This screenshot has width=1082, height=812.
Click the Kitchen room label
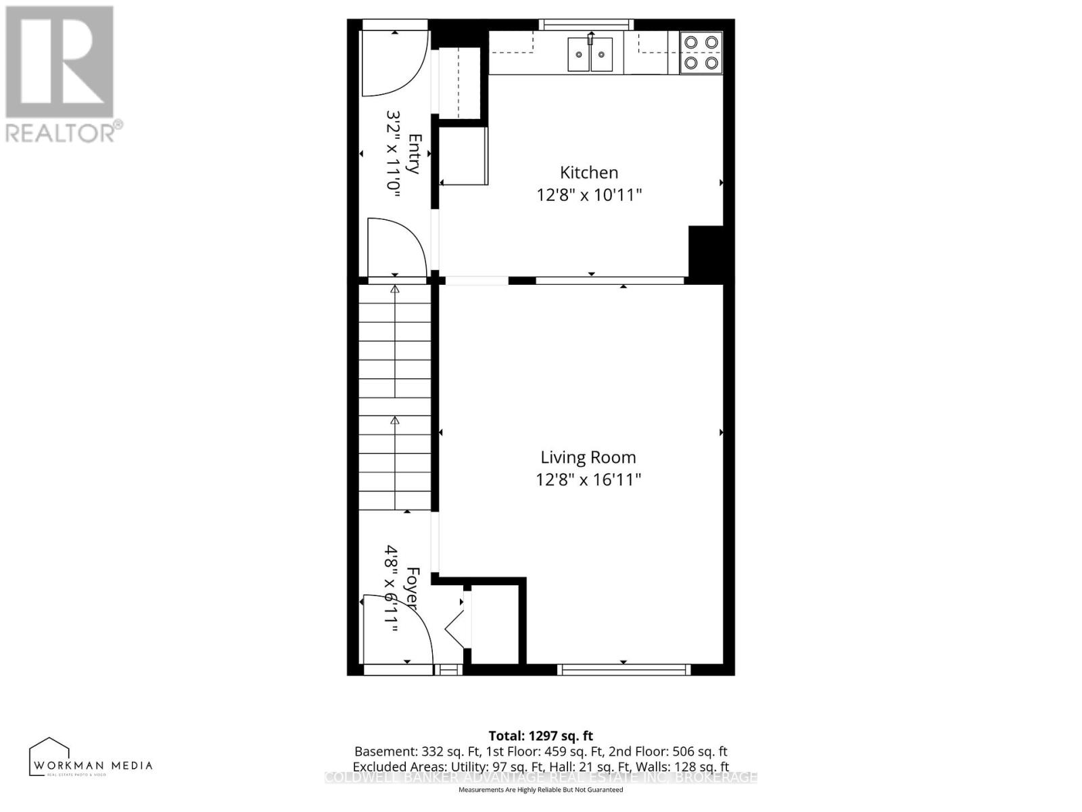588,173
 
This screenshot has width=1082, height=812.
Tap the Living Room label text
588,457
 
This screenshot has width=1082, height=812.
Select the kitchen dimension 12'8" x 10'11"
588,196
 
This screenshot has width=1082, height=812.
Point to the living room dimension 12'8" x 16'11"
588,480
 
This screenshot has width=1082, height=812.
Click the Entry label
415,154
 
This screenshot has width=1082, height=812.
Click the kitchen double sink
590,54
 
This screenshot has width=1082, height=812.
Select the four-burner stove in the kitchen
701,53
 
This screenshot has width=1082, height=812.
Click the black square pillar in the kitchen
705,251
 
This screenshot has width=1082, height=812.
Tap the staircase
395,397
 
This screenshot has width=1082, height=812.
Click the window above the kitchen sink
586,25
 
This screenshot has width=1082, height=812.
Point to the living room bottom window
624,670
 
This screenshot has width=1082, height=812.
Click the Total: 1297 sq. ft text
540,736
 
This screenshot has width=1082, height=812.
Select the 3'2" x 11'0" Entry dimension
393,154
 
